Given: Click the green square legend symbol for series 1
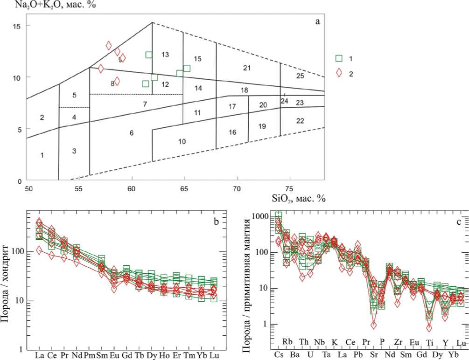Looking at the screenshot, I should tap(340, 58).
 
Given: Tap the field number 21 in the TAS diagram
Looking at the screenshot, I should tap(247, 69).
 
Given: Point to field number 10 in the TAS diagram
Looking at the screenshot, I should tap(182, 141).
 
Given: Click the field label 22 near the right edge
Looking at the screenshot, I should tap(300, 121).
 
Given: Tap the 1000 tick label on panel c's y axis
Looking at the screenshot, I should tap(260, 216).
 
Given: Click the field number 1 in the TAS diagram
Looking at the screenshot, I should tap(42, 155).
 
